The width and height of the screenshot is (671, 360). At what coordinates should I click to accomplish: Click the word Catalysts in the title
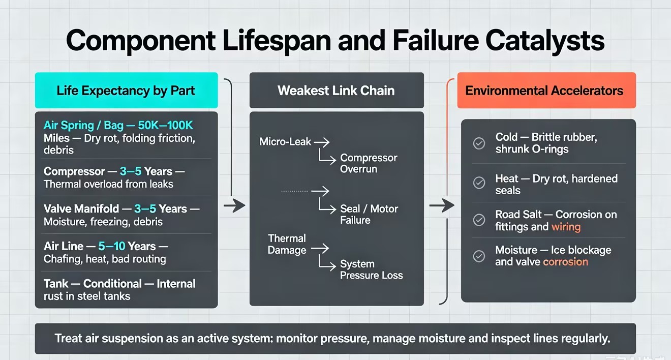coord(544,41)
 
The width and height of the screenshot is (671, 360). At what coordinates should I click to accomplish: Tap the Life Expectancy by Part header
coord(126,90)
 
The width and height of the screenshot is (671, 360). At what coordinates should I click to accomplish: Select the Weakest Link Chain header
coord(337,90)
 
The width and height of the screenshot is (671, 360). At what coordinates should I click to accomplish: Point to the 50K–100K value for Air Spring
coord(166,125)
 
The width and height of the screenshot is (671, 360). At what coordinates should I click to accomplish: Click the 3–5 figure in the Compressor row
coord(131,171)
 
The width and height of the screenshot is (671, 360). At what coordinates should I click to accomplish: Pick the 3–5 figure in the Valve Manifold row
coord(145,208)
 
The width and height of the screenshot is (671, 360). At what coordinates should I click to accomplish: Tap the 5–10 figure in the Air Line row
coord(112,246)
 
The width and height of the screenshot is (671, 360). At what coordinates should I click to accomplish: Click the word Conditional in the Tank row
coord(112,284)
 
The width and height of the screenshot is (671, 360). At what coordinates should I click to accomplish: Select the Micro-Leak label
coord(285,141)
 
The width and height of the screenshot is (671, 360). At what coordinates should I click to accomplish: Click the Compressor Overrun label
coord(369,163)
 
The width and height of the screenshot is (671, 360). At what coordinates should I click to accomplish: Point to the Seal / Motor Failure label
coord(369,214)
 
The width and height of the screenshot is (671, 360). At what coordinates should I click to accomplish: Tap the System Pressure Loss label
coord(372,269)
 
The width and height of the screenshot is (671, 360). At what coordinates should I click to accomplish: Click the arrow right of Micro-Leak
coord(321,142)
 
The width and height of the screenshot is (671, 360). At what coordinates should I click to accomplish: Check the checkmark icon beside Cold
coord(479,143)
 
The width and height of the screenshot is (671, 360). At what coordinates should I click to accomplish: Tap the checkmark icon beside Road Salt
coord(479,220)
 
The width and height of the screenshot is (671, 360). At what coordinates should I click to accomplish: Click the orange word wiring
coord(566,227)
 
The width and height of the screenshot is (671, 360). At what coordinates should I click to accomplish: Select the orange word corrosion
coord(566,262)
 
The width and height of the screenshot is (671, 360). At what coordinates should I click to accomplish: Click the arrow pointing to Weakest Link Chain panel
coord(234,205)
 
